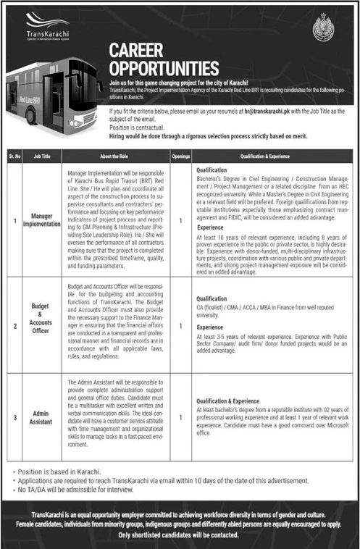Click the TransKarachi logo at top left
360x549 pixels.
[43, 28]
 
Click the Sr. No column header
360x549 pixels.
[15, 155]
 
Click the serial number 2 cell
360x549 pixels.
[15, 327]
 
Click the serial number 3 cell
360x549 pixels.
[15, 416]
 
